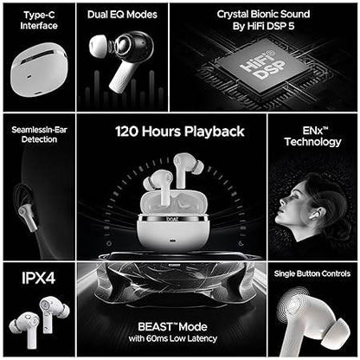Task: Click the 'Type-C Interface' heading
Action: click(39, 20)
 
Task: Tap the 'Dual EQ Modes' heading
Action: click(122, 15)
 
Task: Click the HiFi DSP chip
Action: click(262, 66)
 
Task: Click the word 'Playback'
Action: click(215, 132)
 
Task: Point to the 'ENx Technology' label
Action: click(313, 137)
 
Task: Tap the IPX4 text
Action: click(38, 278)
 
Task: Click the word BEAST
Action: click(155, 327)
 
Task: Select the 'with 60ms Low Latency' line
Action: click(173, 338)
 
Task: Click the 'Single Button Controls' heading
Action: click(312, 273)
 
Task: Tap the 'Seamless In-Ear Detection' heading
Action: click(39, 134)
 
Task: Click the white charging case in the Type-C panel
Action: click(39, 73)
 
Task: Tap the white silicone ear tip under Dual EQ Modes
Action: click(99, 45)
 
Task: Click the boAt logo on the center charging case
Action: click(172, 219)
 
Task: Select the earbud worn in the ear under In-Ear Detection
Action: click(29, 216)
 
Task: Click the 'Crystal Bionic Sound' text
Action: click(263, 14)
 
